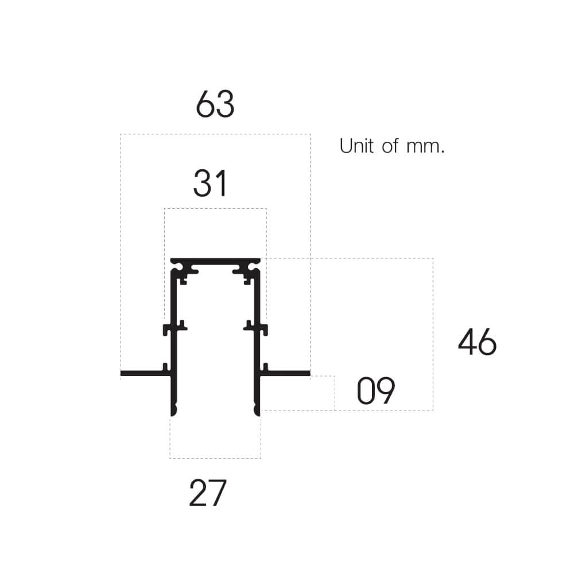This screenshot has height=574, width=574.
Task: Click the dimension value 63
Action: coord(215,105)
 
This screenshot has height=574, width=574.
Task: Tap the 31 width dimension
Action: coord(210,184)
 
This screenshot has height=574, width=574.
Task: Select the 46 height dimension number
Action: coord(477,343)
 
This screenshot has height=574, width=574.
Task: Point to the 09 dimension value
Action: coord(376,391)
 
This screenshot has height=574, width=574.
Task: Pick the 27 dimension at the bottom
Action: coord(208,494)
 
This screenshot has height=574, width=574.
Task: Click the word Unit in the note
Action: coord(356,146)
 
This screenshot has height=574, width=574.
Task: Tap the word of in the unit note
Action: coord(390,146)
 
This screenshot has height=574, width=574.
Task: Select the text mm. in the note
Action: coord(425,147)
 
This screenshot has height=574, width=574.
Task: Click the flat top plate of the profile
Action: coord(215,261)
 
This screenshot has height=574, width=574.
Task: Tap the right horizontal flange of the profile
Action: coord(287,374)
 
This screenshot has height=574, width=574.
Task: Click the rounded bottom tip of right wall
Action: coord(257,410)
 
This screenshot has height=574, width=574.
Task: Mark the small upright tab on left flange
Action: coord(165,367)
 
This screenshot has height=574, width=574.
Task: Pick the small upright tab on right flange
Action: coord(266,367)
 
